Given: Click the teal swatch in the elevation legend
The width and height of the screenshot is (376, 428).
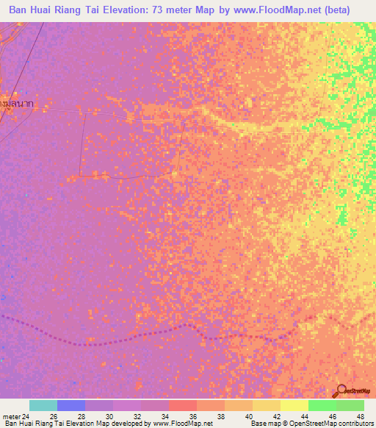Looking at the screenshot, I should point(43,405).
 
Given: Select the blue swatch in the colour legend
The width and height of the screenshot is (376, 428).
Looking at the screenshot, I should point(71,405).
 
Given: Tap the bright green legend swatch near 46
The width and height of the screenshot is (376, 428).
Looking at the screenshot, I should point(322,405).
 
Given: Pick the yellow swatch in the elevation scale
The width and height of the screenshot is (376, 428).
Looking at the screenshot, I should point(294,405).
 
